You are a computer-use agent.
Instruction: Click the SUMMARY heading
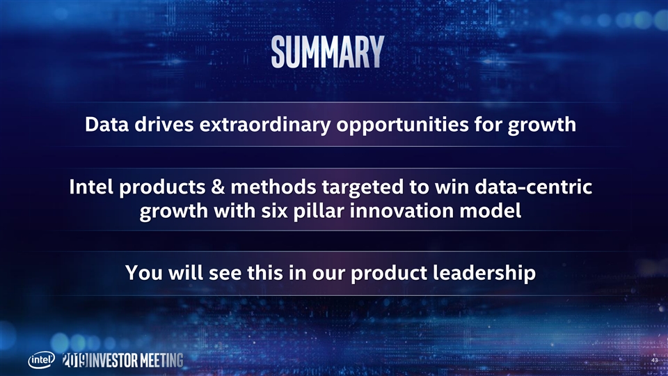(x=328, y=52)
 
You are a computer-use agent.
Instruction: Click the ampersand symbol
(x=218, y=187)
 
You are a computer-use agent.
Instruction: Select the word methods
(x=273, y=187)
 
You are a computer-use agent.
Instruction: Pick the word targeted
(x=363, y=189)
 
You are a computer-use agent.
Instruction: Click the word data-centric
(x=534, y=187)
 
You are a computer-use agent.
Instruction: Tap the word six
(x=274, y=211)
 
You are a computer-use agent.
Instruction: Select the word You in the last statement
(x=143, y=273)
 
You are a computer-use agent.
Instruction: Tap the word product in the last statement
(x=389, y=273)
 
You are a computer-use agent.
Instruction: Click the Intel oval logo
(x=41, y=360)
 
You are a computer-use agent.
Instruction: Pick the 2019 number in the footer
(x=75, y=360)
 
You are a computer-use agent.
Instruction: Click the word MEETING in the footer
(x=162, y=361)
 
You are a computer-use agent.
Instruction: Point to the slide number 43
(x=655, y=361)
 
